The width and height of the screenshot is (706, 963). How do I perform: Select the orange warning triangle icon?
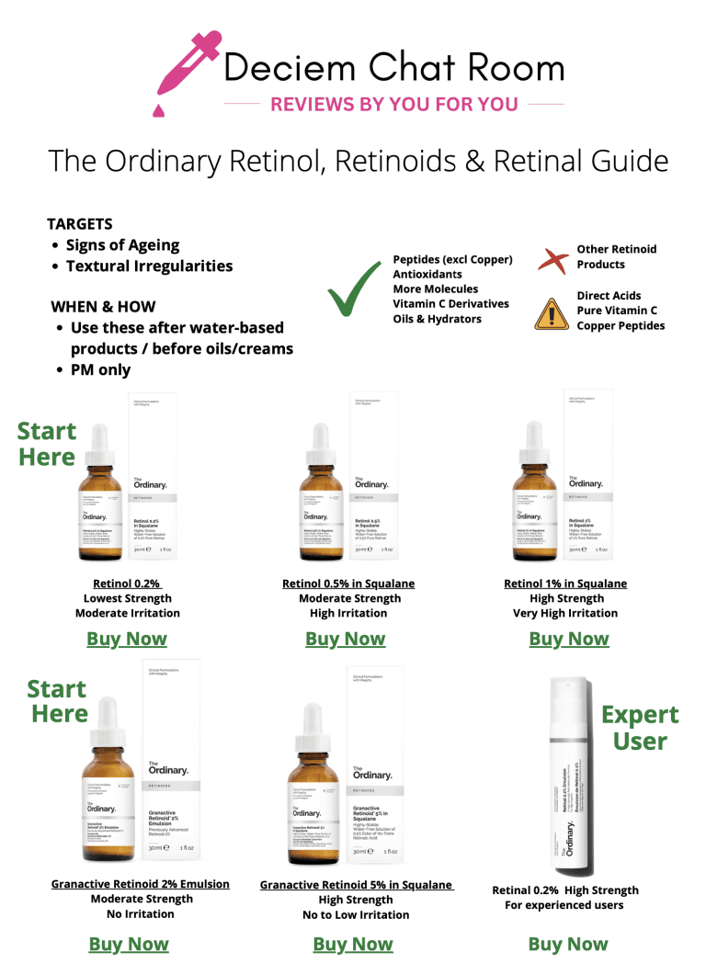(550, 312)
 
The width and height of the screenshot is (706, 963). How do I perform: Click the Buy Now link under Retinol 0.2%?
(127, 639)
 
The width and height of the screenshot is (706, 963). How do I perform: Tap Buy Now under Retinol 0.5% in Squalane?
(346, 639)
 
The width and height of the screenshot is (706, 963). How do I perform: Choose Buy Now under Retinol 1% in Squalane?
(568, 639)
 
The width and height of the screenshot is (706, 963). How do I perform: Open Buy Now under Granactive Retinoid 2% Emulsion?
(129, 944)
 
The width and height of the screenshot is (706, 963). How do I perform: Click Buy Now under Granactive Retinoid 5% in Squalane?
(353, 944)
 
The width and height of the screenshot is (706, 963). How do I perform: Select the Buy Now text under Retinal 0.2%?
(568, 944)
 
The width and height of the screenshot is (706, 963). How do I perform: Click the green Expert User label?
(640, 727)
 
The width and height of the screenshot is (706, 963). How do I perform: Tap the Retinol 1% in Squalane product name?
(565, 583)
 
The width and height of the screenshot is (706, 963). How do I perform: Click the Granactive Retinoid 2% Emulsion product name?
(140, 884)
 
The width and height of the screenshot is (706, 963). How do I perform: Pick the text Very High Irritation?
(565, 613)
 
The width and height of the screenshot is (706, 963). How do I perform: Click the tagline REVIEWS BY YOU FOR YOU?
(393, 105)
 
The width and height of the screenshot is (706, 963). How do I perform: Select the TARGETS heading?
(80, 224)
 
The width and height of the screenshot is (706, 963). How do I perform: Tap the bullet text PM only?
(100, 369)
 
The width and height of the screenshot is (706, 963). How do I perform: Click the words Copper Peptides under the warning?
(621, 325)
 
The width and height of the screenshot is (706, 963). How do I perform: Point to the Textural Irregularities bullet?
(149, 266)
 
